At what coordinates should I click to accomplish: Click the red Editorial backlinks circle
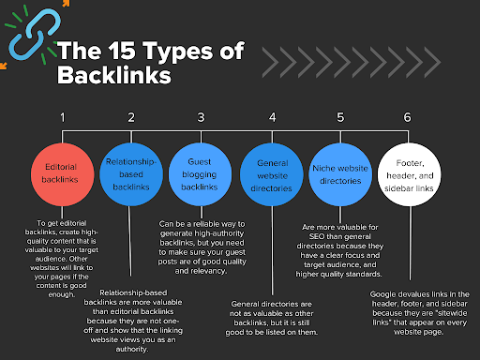click(x=63, y=174)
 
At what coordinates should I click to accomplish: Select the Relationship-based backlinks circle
click(x=131, y=174)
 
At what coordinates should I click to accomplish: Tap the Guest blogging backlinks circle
click(x=201, y=174)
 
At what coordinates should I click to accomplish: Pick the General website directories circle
click(x=272, y=174)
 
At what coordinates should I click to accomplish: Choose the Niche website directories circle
click(x=340, y=174)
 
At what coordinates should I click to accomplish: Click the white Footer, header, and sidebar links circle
click(x=410, y=174)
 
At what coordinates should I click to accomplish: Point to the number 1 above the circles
click(x=63, y=117)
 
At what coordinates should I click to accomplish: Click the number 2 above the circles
click(x=131, y=117)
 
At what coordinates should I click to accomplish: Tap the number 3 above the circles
click(x=201, y=117)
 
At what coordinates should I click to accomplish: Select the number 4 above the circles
click(x=273, y=117)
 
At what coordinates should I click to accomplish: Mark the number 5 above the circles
click(x=340, y=117)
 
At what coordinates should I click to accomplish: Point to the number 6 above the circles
click(x=408, y=117)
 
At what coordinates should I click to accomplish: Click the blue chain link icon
click(x=35, y=35)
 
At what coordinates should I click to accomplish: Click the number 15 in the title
click(x=122, y=51)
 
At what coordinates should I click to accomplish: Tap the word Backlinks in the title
click(x=114, y=75)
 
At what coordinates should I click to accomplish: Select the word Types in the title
click(x=178, y=52)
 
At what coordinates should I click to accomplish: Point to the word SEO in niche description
click(x=317, y=236)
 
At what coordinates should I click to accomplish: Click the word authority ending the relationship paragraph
click(x=132, y=350)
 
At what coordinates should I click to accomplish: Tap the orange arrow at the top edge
click(x=66, y=3)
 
